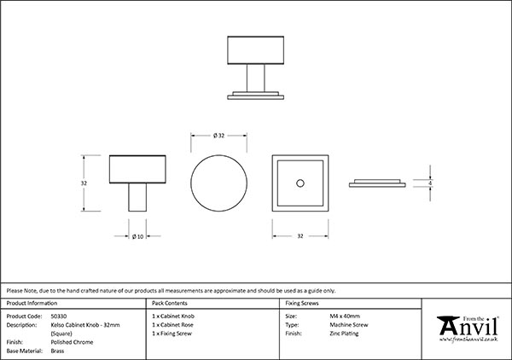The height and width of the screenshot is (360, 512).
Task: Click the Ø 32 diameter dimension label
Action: point(217,136)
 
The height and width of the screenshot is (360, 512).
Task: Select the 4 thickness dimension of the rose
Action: point(430,183)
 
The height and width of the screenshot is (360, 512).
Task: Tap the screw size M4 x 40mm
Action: point(345,316)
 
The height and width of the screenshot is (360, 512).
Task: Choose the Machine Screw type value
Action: point(346,325)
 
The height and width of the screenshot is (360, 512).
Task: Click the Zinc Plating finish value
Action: point(344,334)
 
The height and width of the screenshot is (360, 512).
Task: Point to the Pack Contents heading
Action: point(169,303)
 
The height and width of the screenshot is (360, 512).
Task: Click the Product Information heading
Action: point(32,303)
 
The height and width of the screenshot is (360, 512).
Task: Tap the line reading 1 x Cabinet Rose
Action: point(172,325)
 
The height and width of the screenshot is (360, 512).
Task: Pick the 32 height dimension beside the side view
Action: point(84,183)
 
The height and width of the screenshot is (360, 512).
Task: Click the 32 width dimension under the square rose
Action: point(299,236)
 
